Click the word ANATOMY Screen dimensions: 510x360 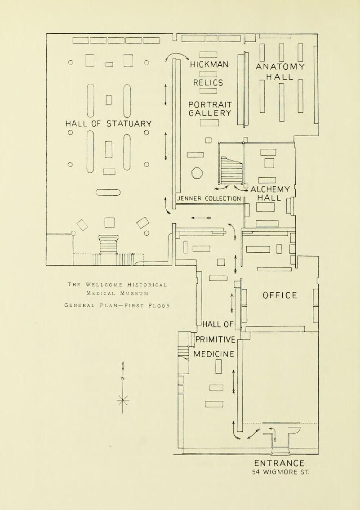coord(281,66)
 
